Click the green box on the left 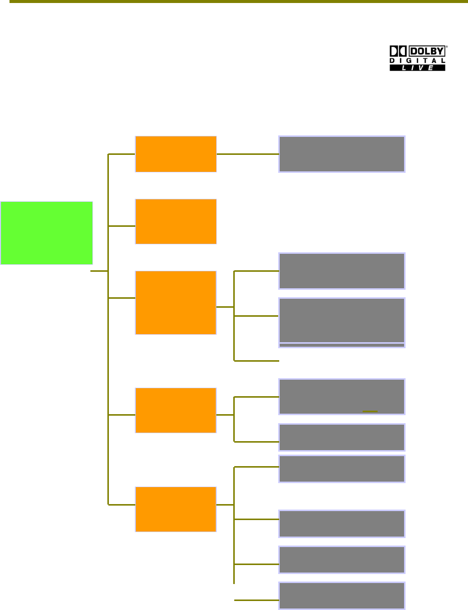[x=46, y=233]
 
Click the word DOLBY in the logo [x=427, y=51]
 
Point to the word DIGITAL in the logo [x=418, y=60]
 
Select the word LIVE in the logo [x=418, y=68]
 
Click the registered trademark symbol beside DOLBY [x=447, y=47]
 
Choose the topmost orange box [x=176, y=154]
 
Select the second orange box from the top [x=176, y=221]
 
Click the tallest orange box [x=176, y=303]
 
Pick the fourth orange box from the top [x=176, y=410]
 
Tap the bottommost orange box [x=176, y=509]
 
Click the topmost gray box [x=342, y=154]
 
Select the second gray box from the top [x=342, y=271]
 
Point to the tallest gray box [x=342, y=320]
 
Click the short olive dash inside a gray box [x=370, y=411]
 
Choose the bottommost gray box [x=342, y=596]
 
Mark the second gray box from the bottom [x=342, y=560]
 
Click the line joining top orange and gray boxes [x=248, y=154]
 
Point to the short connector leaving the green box [x=99, y=272]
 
